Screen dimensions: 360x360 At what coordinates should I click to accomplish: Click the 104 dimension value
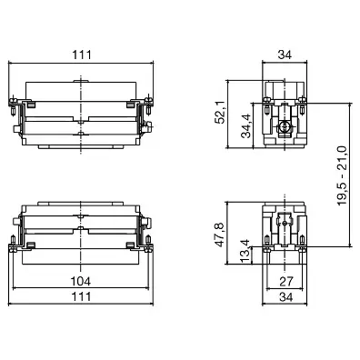[81, 281]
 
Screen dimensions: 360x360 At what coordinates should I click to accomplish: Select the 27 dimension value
[286, 282]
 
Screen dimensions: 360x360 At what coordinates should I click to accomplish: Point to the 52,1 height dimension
[219, 112]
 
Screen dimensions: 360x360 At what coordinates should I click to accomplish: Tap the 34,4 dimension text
[246, 125]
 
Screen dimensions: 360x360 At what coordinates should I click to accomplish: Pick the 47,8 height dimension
[219, 235]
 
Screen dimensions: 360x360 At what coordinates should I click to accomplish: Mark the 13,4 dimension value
[246, 251]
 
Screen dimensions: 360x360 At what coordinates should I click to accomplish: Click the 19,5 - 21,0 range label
[342, 175]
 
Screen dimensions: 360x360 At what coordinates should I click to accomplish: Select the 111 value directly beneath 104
[81, 296]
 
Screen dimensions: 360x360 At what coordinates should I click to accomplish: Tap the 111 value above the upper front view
[82, 55]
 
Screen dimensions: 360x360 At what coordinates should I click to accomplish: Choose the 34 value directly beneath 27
[286, 297]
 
